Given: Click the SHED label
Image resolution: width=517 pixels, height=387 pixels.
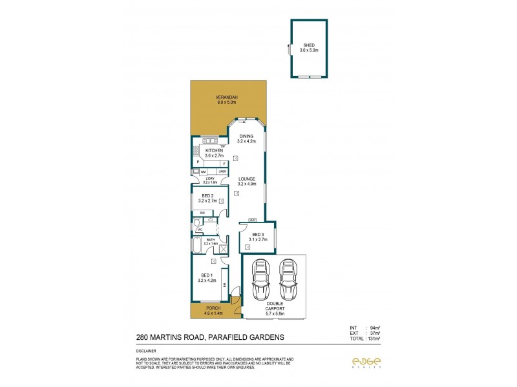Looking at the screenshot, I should point(308,45).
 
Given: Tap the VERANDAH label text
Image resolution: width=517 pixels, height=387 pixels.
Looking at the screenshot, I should point(227,97).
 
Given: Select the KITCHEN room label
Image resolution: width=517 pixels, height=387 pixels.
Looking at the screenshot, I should point(214,150).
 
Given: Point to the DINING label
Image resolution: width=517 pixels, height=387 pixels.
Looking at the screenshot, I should point(247,136).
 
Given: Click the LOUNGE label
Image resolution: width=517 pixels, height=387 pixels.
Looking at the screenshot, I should point(247,179).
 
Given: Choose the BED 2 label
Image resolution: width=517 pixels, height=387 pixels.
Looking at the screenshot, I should point(207,195).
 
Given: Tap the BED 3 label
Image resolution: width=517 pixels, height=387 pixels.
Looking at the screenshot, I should point(258,234).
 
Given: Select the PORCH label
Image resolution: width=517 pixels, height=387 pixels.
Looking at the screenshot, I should point(213,308).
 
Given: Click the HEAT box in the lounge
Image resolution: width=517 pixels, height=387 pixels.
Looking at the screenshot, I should point(252,220).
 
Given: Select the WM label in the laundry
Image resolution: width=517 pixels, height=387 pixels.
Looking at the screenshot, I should point(203,172).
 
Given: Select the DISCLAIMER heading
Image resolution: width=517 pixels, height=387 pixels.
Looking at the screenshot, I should point(147,351).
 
